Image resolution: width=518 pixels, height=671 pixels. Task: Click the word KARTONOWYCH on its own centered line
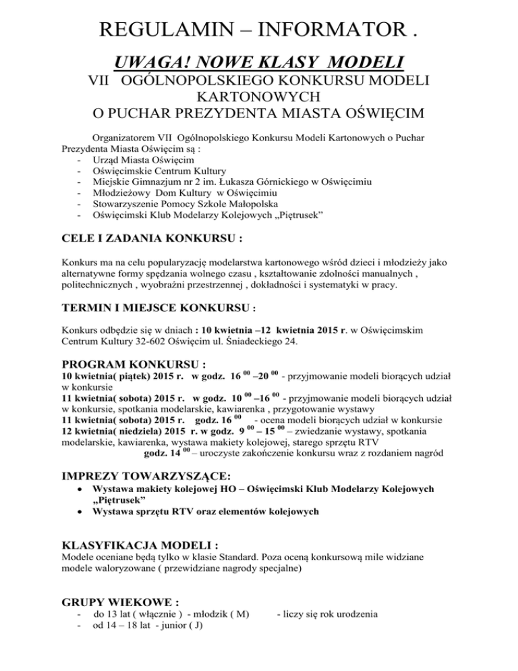click(x=259, y=99)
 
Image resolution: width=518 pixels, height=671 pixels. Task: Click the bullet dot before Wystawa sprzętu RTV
click(x=80, y=512)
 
